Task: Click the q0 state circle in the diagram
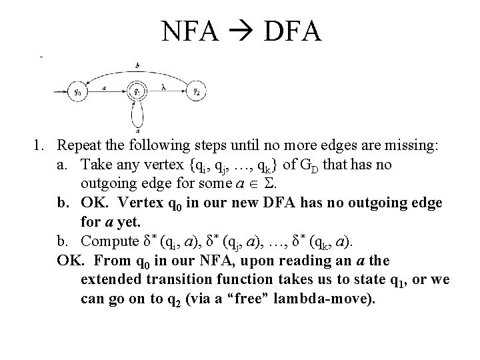click(77, 91)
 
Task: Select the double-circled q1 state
click(137, 91)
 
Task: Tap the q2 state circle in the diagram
click(195, 91)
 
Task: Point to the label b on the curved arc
click(137, 65)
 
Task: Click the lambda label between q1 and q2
click(163, 87)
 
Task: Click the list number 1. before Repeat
click(42, 145)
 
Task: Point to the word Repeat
click(79, 145)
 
